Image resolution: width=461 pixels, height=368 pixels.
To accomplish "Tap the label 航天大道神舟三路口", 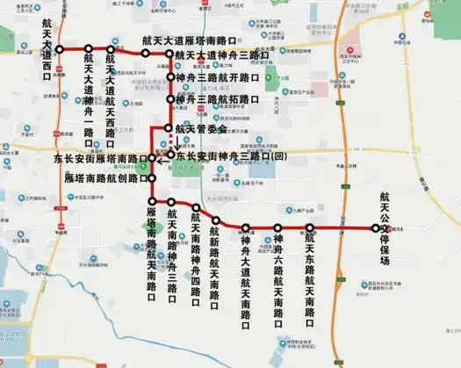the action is (x=222, y=55).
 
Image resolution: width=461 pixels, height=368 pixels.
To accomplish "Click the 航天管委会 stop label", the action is (x=201, y=128).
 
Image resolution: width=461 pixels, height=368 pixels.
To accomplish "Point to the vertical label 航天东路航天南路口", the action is (x=309, y=273).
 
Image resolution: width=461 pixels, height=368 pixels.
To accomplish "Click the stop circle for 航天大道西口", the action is (x=60, y=48).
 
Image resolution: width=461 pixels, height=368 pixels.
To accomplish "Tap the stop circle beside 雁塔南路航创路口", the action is (x=152, y=178).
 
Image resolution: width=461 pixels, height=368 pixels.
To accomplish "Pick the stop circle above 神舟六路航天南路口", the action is (x=277, y=228).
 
